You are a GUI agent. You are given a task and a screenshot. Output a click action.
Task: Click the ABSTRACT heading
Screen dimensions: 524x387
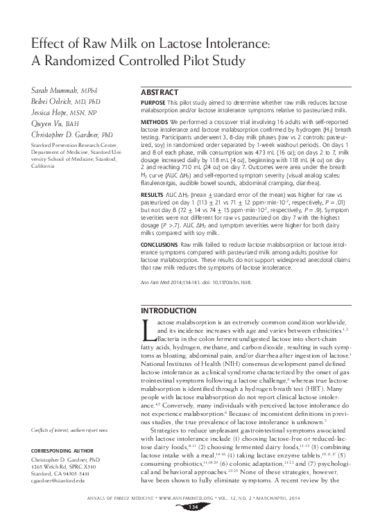click(x=162, y=92)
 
